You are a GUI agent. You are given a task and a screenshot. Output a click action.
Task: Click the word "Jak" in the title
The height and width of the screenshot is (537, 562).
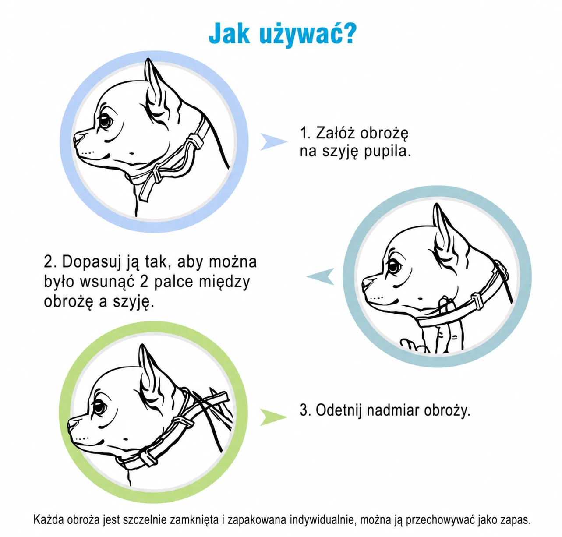229,34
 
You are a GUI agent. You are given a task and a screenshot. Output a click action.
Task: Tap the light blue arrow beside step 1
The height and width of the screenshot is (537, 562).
273,142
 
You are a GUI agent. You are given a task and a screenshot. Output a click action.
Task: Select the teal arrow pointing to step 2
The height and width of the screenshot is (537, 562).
321,276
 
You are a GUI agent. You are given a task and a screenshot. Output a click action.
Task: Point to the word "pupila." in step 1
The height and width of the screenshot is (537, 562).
387,152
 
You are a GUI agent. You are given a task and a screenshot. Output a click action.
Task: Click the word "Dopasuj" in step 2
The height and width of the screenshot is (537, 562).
91,262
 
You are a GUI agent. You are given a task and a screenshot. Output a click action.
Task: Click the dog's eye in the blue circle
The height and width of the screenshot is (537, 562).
106,121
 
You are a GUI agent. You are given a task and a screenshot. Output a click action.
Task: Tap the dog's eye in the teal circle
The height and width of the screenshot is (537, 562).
394,266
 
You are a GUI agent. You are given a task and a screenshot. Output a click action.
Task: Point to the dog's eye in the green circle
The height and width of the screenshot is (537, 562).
99,407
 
